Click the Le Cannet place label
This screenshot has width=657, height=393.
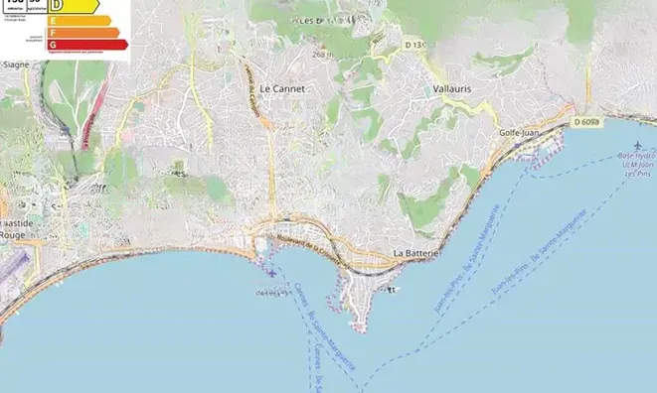coord(282,88)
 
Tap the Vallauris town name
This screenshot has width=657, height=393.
coord(452,88)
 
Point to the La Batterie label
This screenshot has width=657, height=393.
coord(415,254)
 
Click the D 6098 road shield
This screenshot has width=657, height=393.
coord(587,122)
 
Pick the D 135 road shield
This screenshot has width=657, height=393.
coord(415,45)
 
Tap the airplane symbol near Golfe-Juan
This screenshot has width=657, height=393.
coord(624,146)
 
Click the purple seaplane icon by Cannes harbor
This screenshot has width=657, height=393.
coord(271,272)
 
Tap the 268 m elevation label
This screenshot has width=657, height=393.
coord(321,54)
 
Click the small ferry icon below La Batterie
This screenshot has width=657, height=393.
coord(392,290)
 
